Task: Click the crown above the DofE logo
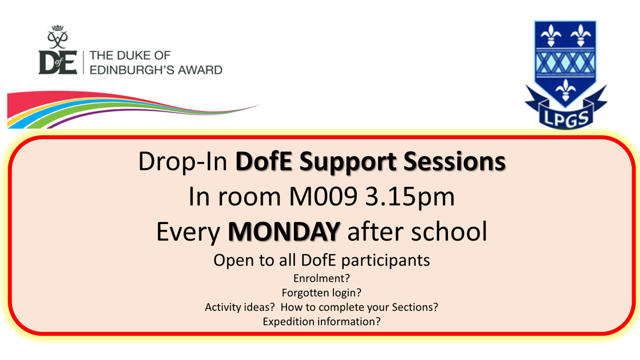coord(57,27)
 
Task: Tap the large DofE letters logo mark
coord(57,62)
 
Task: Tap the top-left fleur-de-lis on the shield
coord(551,35)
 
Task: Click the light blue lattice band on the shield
coord(565,63)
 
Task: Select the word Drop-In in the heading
coord(183,161)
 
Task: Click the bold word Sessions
coord(454,161)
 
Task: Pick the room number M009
coord(323,196)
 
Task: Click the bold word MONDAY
coord(284,231)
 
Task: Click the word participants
coord(385,260)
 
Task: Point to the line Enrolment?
coord(321,278)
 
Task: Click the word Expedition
coord(288,322)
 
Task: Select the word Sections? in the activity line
coord(415,307)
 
